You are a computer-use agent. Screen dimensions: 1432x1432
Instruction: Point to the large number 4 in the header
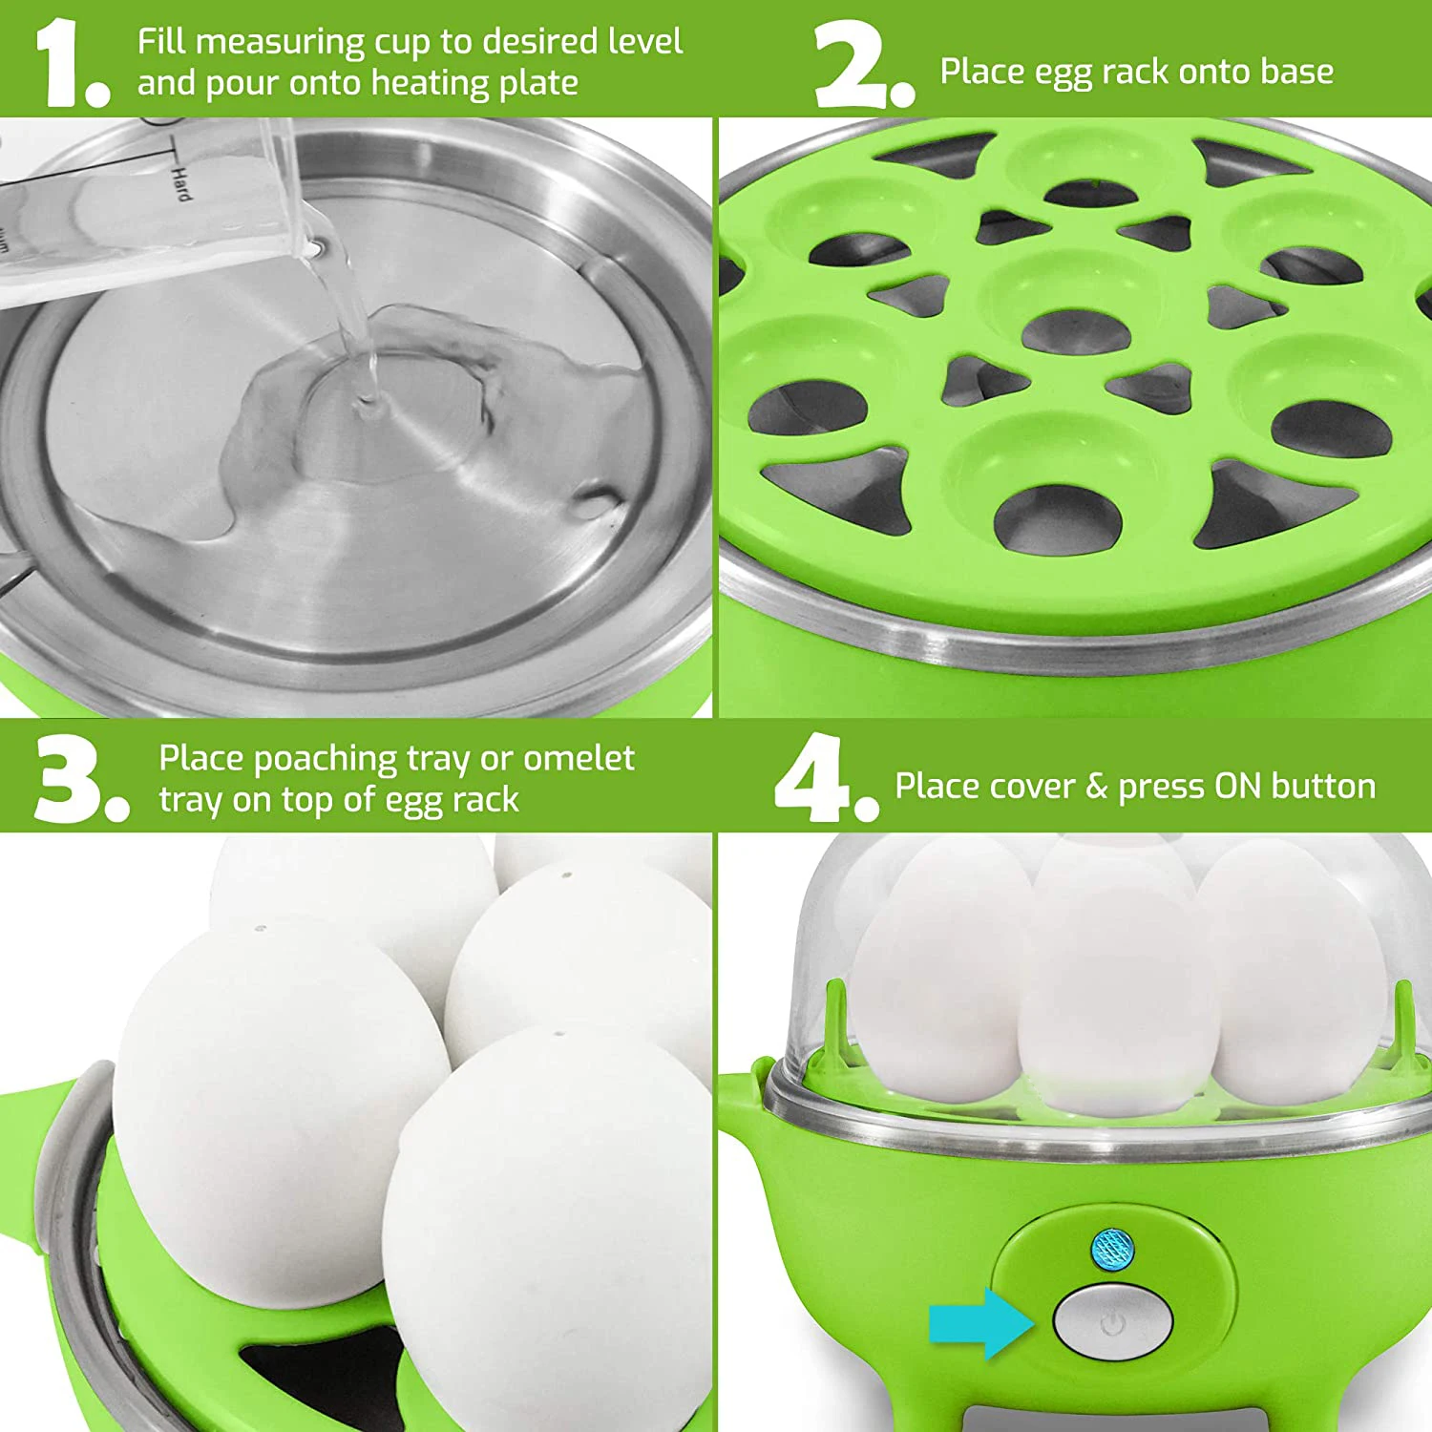[811, 777]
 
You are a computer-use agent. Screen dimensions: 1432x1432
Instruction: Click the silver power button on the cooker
[1113, 1322]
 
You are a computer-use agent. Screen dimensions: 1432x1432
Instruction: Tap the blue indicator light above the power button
[1112, 1248]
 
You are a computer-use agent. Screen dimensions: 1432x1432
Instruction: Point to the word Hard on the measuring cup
[180, 181]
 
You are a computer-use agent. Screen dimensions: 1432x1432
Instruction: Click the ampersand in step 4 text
[1096, 787]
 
